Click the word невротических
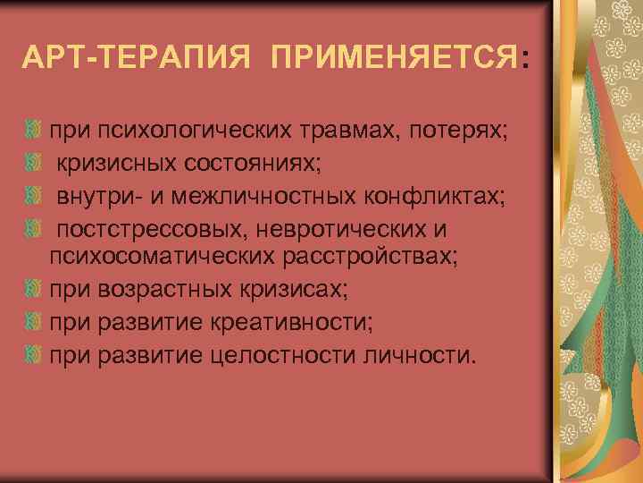pyautogui.click(x=338, y=229)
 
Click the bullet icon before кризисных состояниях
pyautogui.click(x=36, y=165)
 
